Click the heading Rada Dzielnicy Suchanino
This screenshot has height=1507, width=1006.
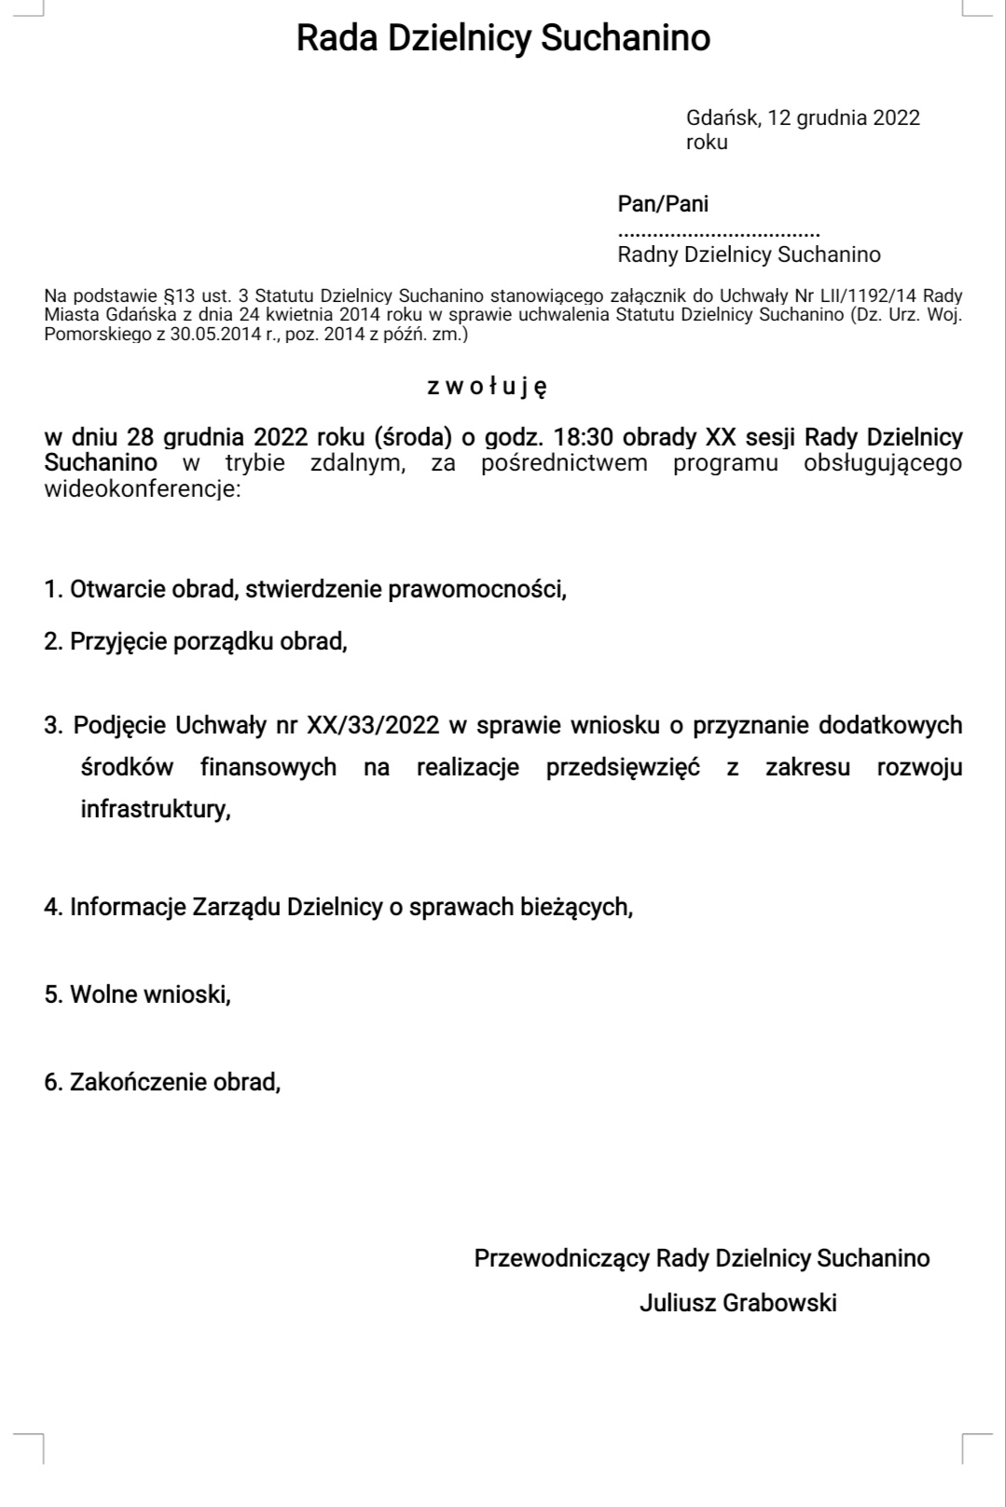point(503,38)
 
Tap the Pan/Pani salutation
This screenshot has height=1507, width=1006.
point(663,203)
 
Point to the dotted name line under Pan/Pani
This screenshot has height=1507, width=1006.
point(719,232)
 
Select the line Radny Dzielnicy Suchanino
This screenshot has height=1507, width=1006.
point(749,254)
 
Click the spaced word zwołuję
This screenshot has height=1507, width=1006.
point(487,386)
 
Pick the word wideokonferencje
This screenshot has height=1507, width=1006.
point(142,488)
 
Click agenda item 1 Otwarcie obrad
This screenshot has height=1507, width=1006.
point(305,589)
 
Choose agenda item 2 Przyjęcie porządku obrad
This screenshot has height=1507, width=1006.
point(196,641)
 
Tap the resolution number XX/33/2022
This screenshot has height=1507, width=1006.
point(373,725)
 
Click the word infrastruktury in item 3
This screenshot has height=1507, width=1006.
point(155,809)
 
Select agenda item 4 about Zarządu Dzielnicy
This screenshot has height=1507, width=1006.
point(338,907)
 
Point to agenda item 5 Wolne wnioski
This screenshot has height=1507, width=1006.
point(138,994)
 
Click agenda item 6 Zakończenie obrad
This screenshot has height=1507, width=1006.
point(162,1082)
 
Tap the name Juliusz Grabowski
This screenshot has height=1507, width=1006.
point(737,1303)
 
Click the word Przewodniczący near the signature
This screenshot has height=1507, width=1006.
point(561,1258)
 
